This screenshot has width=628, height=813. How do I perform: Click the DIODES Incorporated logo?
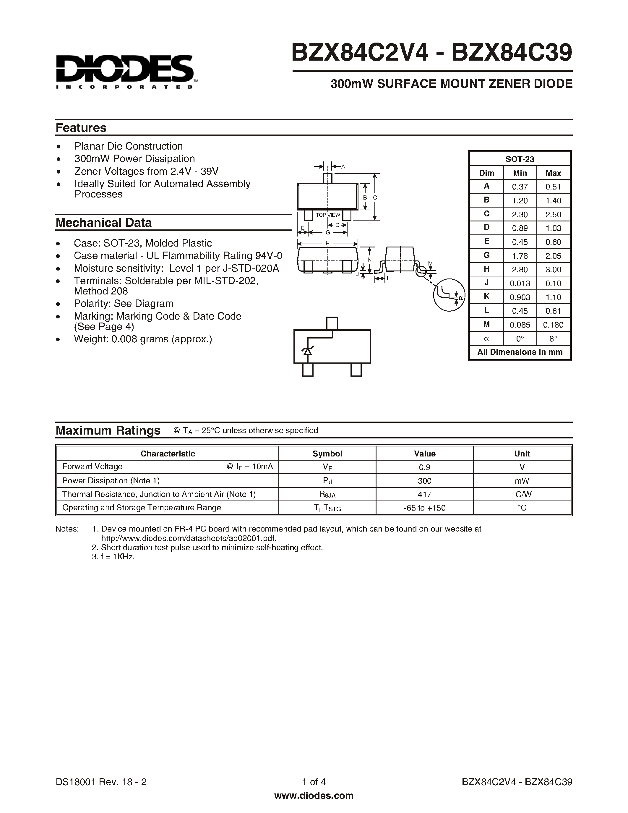click(x=125, y=72)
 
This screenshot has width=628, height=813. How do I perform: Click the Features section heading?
click(x=81, y=128)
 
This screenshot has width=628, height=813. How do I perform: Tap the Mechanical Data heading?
click(x=103, y=223)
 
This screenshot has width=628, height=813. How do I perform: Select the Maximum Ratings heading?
click(x=108, y=430)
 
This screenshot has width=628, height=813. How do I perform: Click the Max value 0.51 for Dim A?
click(x=553, y=187)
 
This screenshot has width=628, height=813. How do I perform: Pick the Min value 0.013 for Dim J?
click(x=520, y=283)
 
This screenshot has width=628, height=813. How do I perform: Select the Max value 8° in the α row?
click(x=553, y=339)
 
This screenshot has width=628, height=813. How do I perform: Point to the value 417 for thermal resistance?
click(x=424, y=494)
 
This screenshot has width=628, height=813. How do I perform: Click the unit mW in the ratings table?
click(x=522, y=481)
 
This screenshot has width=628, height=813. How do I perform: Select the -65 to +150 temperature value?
click(x=424, y=508)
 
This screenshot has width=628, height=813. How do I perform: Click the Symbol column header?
click(x=327, y=454)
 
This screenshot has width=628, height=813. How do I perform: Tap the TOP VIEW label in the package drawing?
click(x=327, y=215)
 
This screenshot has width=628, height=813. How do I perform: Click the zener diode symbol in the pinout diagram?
click(x=307, y=351)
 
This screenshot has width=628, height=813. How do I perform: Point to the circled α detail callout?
click(x=449, y=295)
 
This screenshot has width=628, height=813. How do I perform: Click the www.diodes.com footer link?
click(x=314, y=796)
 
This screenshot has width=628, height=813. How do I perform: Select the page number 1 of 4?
click(x=314, y=782)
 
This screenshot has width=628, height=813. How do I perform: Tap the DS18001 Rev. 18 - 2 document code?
click(x=101, y=782)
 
